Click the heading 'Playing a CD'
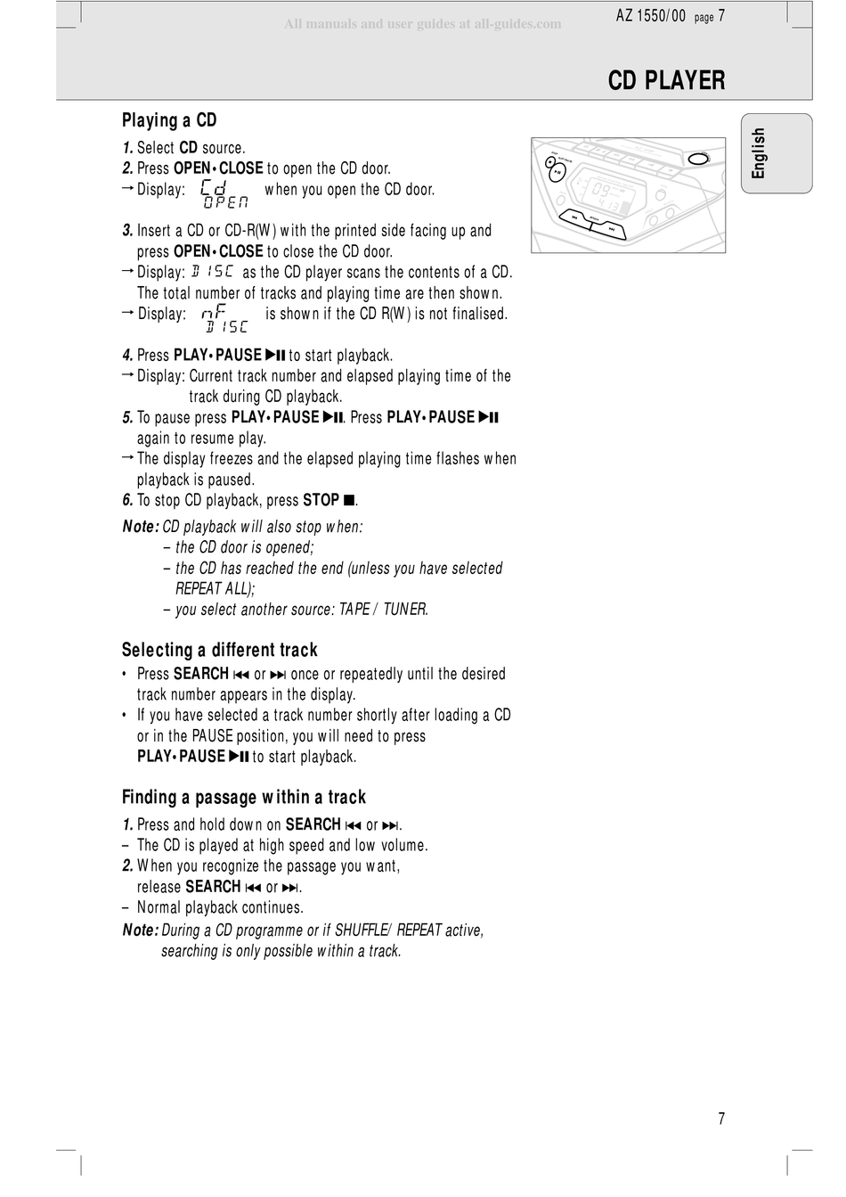(169, 120)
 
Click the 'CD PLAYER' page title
(666, 81)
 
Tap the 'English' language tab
(759, 153)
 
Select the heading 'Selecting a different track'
(219, 650)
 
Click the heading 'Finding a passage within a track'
(244, 797)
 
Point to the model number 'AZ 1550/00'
(651, 15)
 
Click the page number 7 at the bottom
(721, 1119)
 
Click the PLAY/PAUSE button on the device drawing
(557, 173)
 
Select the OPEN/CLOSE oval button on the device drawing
(699, 159)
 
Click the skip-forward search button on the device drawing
(611, 230)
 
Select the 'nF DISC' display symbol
(224, 318)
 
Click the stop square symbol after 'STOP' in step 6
(349, 501)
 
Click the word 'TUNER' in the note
(405, 610)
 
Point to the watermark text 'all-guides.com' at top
(517, 24)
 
